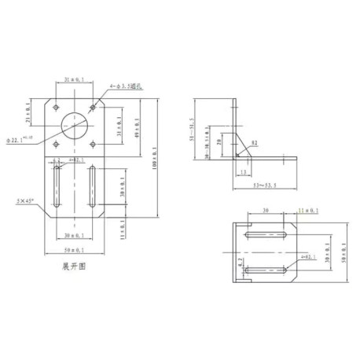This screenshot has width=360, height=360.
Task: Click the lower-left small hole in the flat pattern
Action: tap(55, 143)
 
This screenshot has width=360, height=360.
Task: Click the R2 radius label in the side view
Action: tap(254, 142)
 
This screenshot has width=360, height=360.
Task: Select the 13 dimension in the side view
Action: tap(244, 171)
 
